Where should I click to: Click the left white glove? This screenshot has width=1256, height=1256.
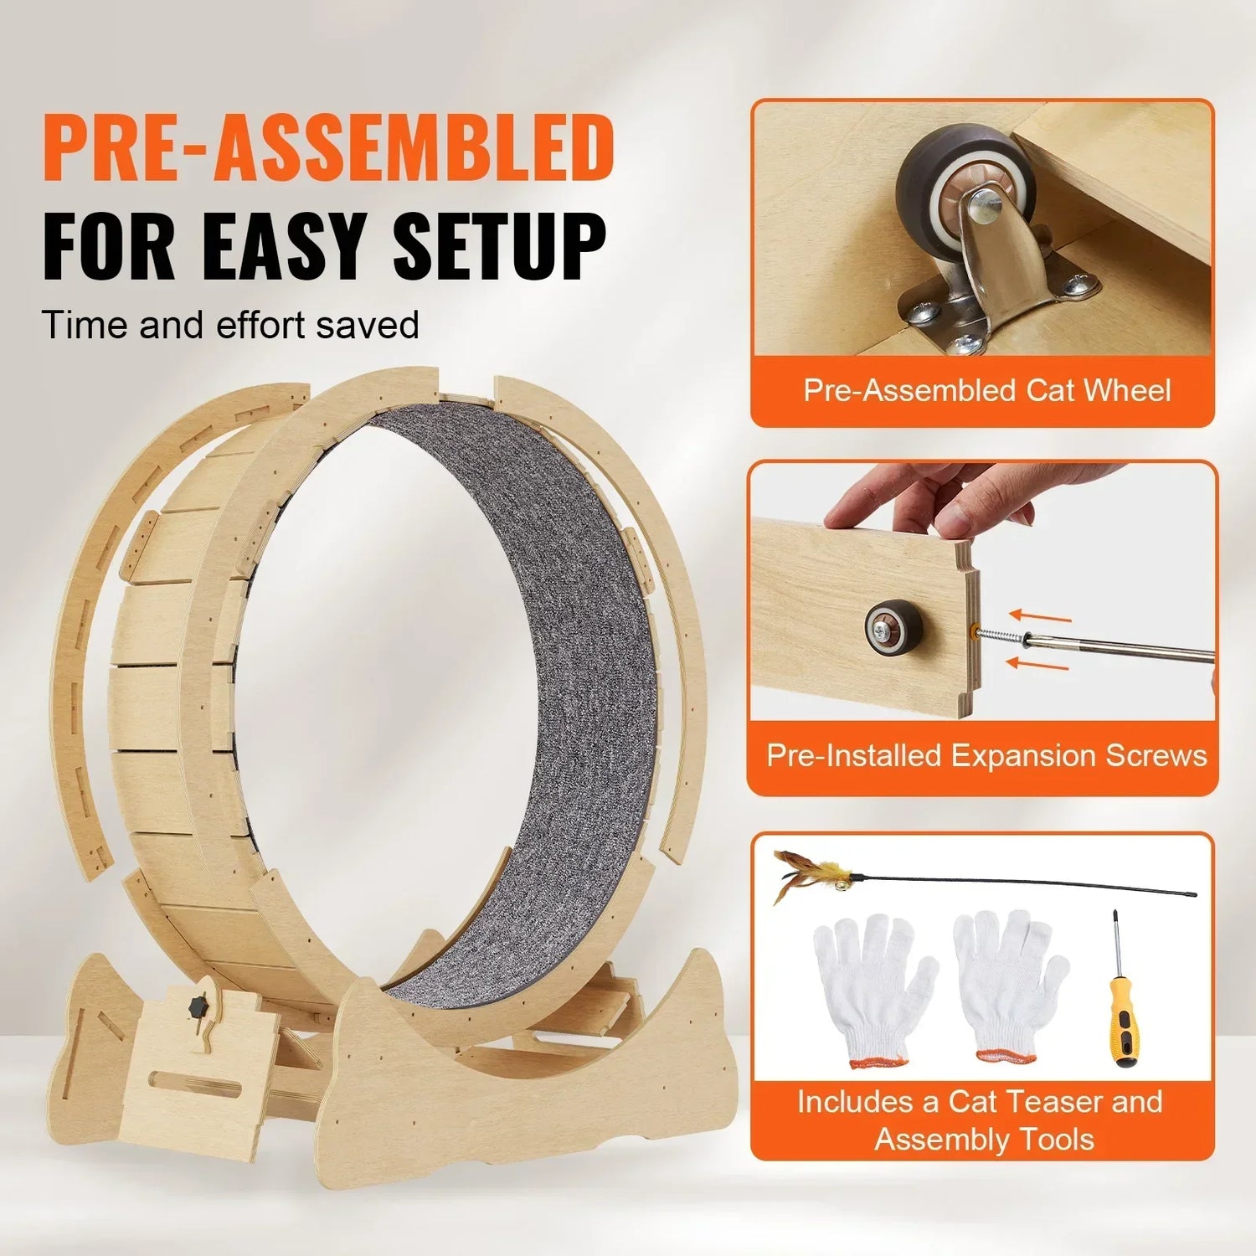click(871, 988)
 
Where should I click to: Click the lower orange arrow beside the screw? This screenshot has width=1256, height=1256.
click(1038, 665)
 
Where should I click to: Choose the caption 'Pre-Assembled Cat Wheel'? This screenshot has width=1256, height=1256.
click(986, 391)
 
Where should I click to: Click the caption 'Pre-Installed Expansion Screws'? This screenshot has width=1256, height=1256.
click(986, 756)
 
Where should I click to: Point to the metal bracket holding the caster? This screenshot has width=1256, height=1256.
click(996, 285)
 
